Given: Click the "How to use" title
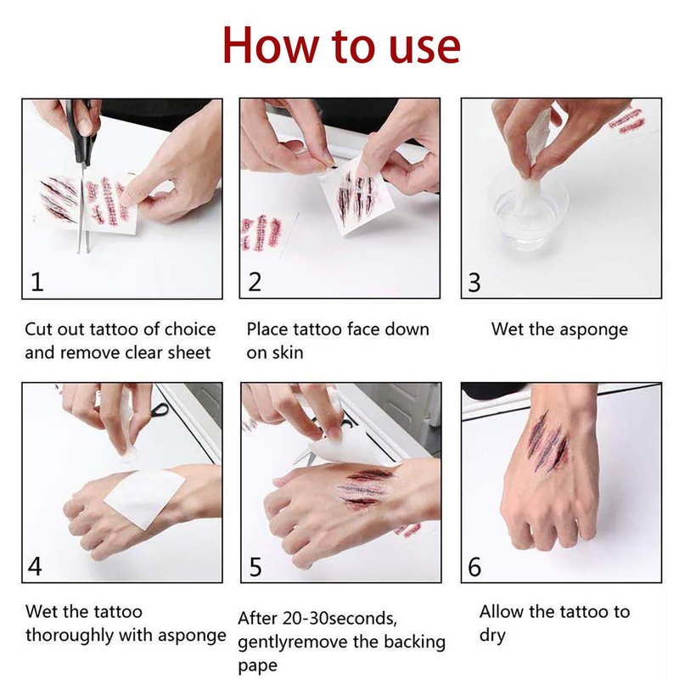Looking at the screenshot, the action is tap(341, 46).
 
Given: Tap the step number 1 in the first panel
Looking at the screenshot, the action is tap(37, 282).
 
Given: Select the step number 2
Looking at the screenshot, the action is tap(255, 282).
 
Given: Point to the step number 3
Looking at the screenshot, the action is tap(474, 283).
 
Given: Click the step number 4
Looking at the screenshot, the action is tap(36, 566).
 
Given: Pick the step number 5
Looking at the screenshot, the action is tap(255, 567).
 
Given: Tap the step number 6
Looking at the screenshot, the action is tap(474, 567).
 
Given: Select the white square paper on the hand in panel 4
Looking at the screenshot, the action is tap(145, 498).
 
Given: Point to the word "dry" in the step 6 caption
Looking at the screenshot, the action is tap(492, 636).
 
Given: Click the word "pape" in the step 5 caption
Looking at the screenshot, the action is tap(258, 666).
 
